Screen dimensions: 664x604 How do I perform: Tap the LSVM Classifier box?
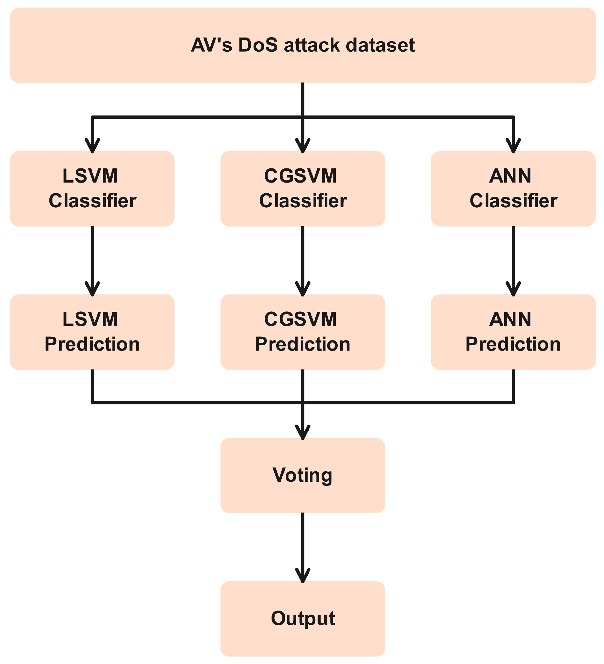pos(92,188)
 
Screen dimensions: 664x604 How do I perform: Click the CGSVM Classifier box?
pos(303,188)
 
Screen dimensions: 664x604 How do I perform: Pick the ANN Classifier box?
pos(513,188)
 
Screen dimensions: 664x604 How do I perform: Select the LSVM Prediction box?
pos(92,332)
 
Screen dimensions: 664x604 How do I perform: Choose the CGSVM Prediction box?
pos(303,332)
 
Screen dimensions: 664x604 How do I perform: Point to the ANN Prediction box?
pos(513,332)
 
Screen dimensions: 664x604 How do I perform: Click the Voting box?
pos(303,475)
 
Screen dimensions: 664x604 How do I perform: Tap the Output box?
pos(303,618)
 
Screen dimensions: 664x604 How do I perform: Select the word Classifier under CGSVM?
pos(303,201)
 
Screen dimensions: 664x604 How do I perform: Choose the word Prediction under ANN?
pos(513,344)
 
